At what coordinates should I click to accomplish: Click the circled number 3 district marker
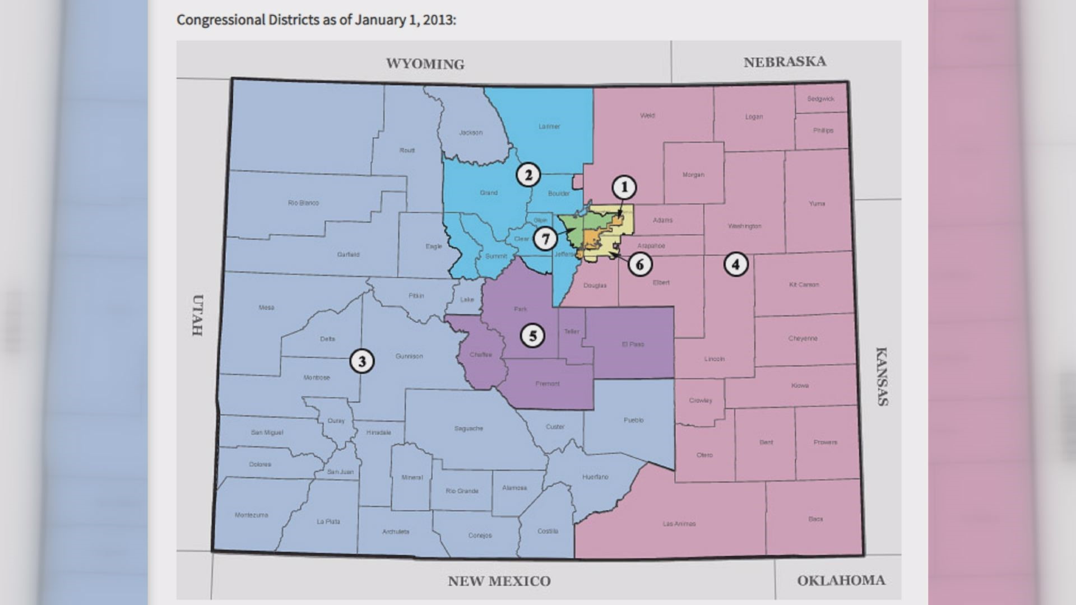pos(361,361)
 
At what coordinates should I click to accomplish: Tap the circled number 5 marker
pos(532,336)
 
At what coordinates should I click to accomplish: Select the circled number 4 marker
pos(736,264)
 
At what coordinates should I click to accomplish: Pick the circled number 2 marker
pos(528,175)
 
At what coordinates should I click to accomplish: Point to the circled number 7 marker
pos(545,239)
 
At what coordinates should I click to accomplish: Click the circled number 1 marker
pos(624,187)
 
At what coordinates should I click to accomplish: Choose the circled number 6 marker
pos(640,264)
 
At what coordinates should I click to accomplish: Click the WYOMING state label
pos(425,64)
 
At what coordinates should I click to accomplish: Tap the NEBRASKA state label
pos(785,62)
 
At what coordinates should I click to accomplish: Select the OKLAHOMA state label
pos(841,580)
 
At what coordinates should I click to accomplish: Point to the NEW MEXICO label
pos(499,581)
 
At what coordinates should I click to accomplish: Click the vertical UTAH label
pos(197,315)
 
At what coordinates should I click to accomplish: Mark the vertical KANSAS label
pos(882,376)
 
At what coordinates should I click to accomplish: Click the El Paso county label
pos(633,344)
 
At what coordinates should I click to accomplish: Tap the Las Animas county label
pos(679,524)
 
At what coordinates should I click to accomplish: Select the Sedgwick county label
pos(820,99)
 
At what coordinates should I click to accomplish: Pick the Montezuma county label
pos(251,515)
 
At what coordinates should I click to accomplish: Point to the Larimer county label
pos(549,127)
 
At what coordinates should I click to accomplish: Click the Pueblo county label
pos(633,420)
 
